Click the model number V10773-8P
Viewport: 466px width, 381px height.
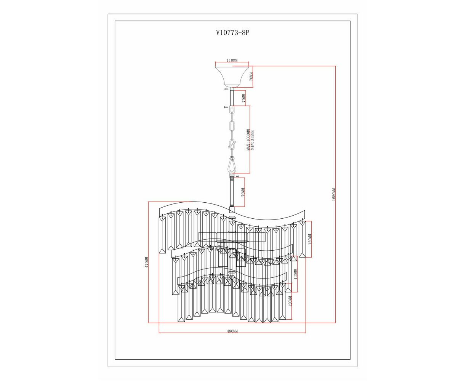233,33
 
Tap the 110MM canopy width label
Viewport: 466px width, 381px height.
232,60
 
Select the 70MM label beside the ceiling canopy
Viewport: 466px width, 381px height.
251,77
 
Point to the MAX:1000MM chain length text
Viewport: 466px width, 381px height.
248,140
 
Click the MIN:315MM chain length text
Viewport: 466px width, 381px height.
253,140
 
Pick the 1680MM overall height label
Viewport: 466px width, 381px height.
334,194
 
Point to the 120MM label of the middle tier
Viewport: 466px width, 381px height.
296,274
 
